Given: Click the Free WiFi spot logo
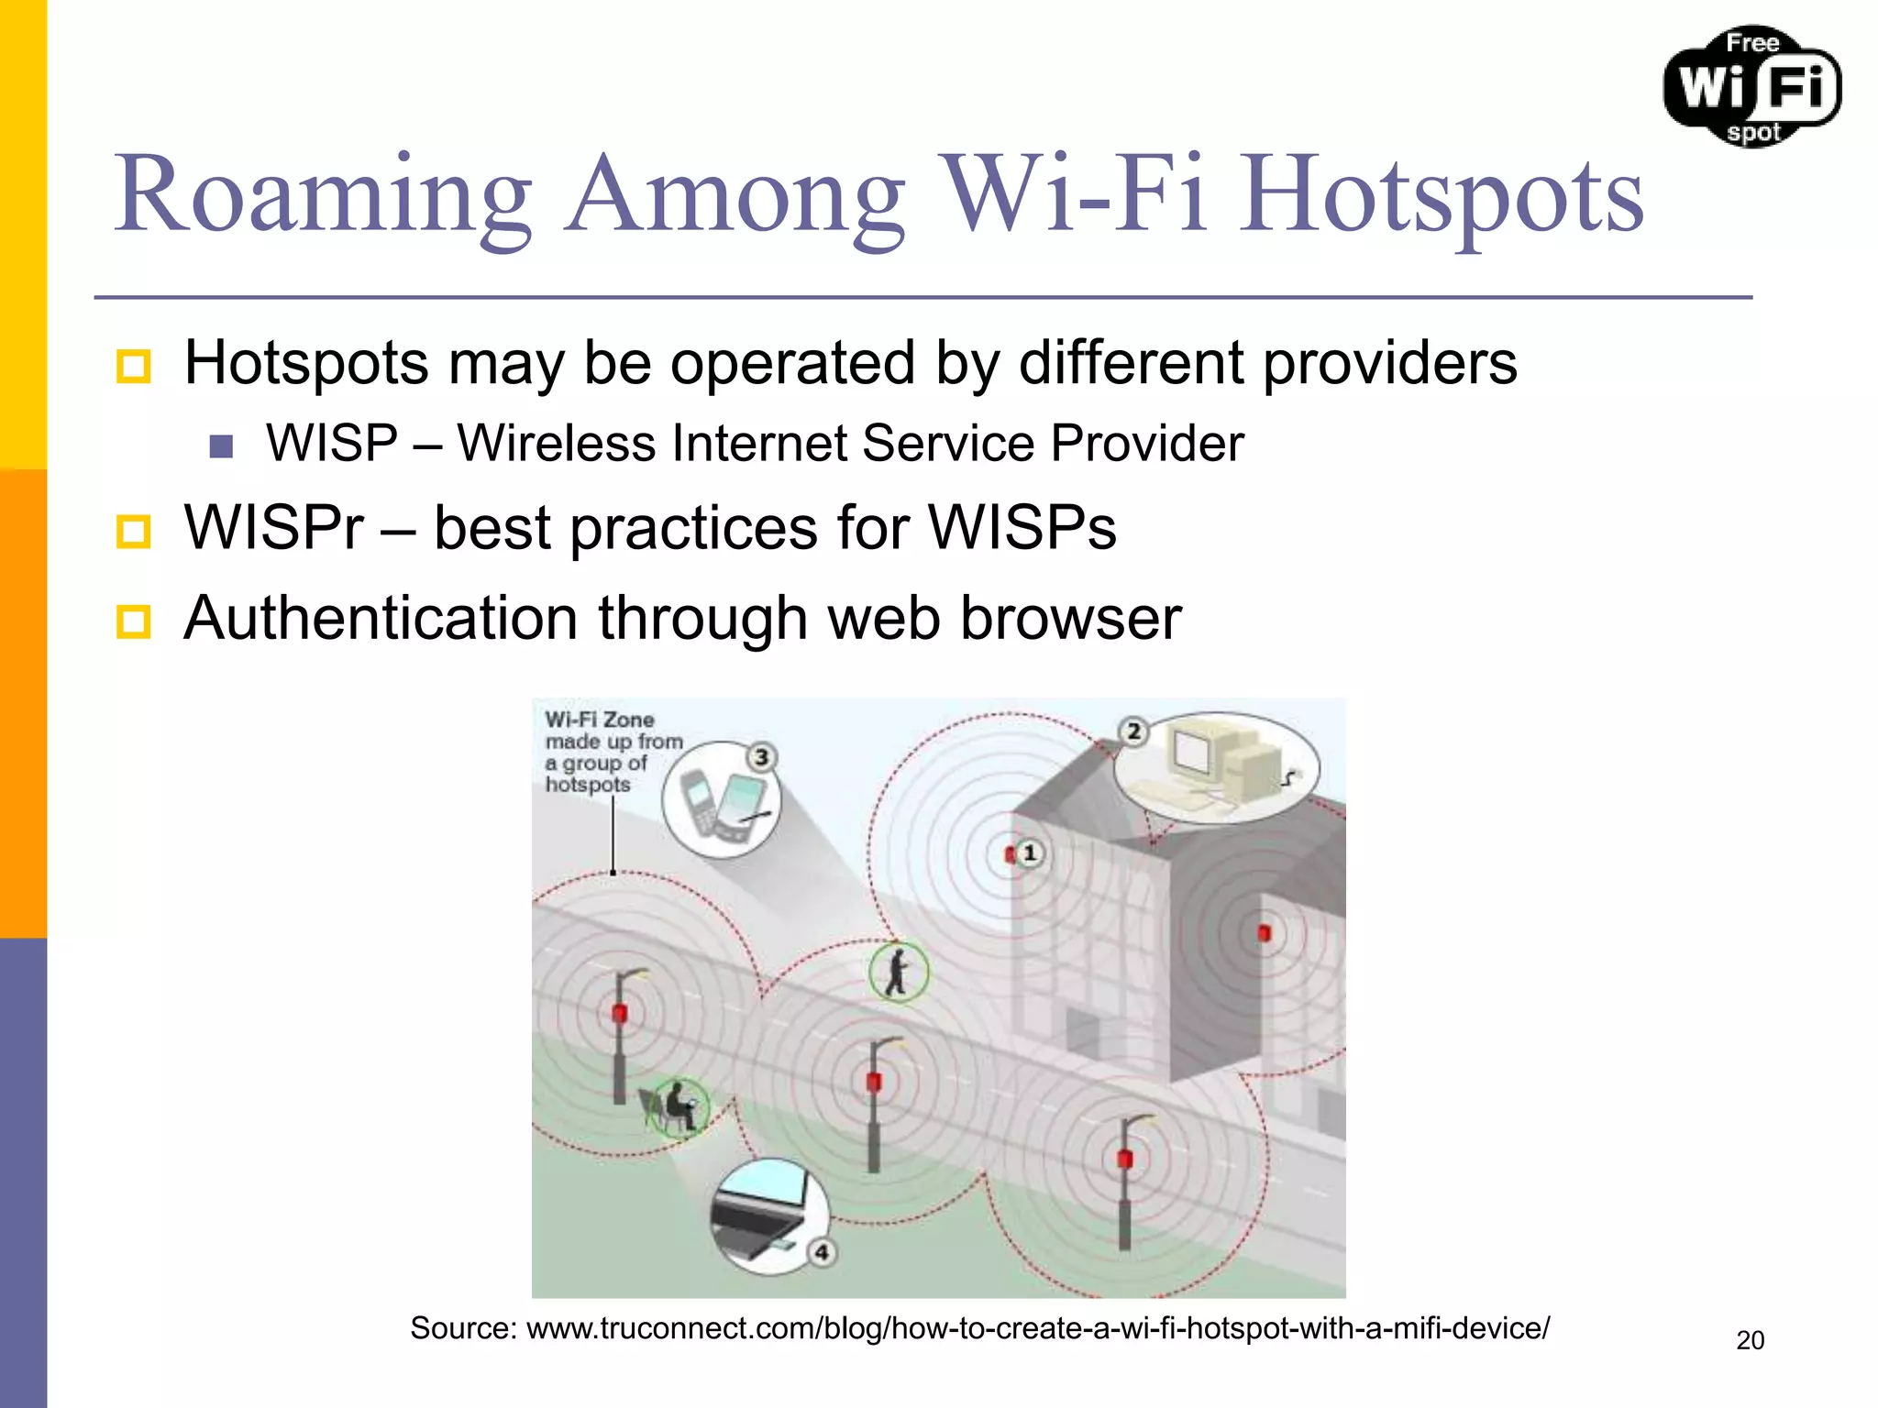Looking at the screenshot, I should (x=1752, y=87).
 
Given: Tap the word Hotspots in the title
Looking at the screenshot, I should (x=1442, y=194).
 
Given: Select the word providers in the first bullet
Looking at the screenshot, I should (x=1389, y=363).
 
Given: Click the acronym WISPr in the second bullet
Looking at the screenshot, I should (x=273, y=528).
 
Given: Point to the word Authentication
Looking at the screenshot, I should (x=381, y=618).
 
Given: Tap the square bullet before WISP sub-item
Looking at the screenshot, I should (x=221, y=446).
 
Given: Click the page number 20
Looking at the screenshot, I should (x=1750, y=1340).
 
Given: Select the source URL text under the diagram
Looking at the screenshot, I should (x=979, y=1328).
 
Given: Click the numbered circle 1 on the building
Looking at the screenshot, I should (x=1030, y=853).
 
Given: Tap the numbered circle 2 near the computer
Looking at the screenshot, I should (x=1134, y=731).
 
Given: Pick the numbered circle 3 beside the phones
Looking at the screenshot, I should (x=761, y=757).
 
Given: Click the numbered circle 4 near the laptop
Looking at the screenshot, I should (x=822, y=1252).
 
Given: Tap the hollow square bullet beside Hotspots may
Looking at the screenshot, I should (x=134, y=366).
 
